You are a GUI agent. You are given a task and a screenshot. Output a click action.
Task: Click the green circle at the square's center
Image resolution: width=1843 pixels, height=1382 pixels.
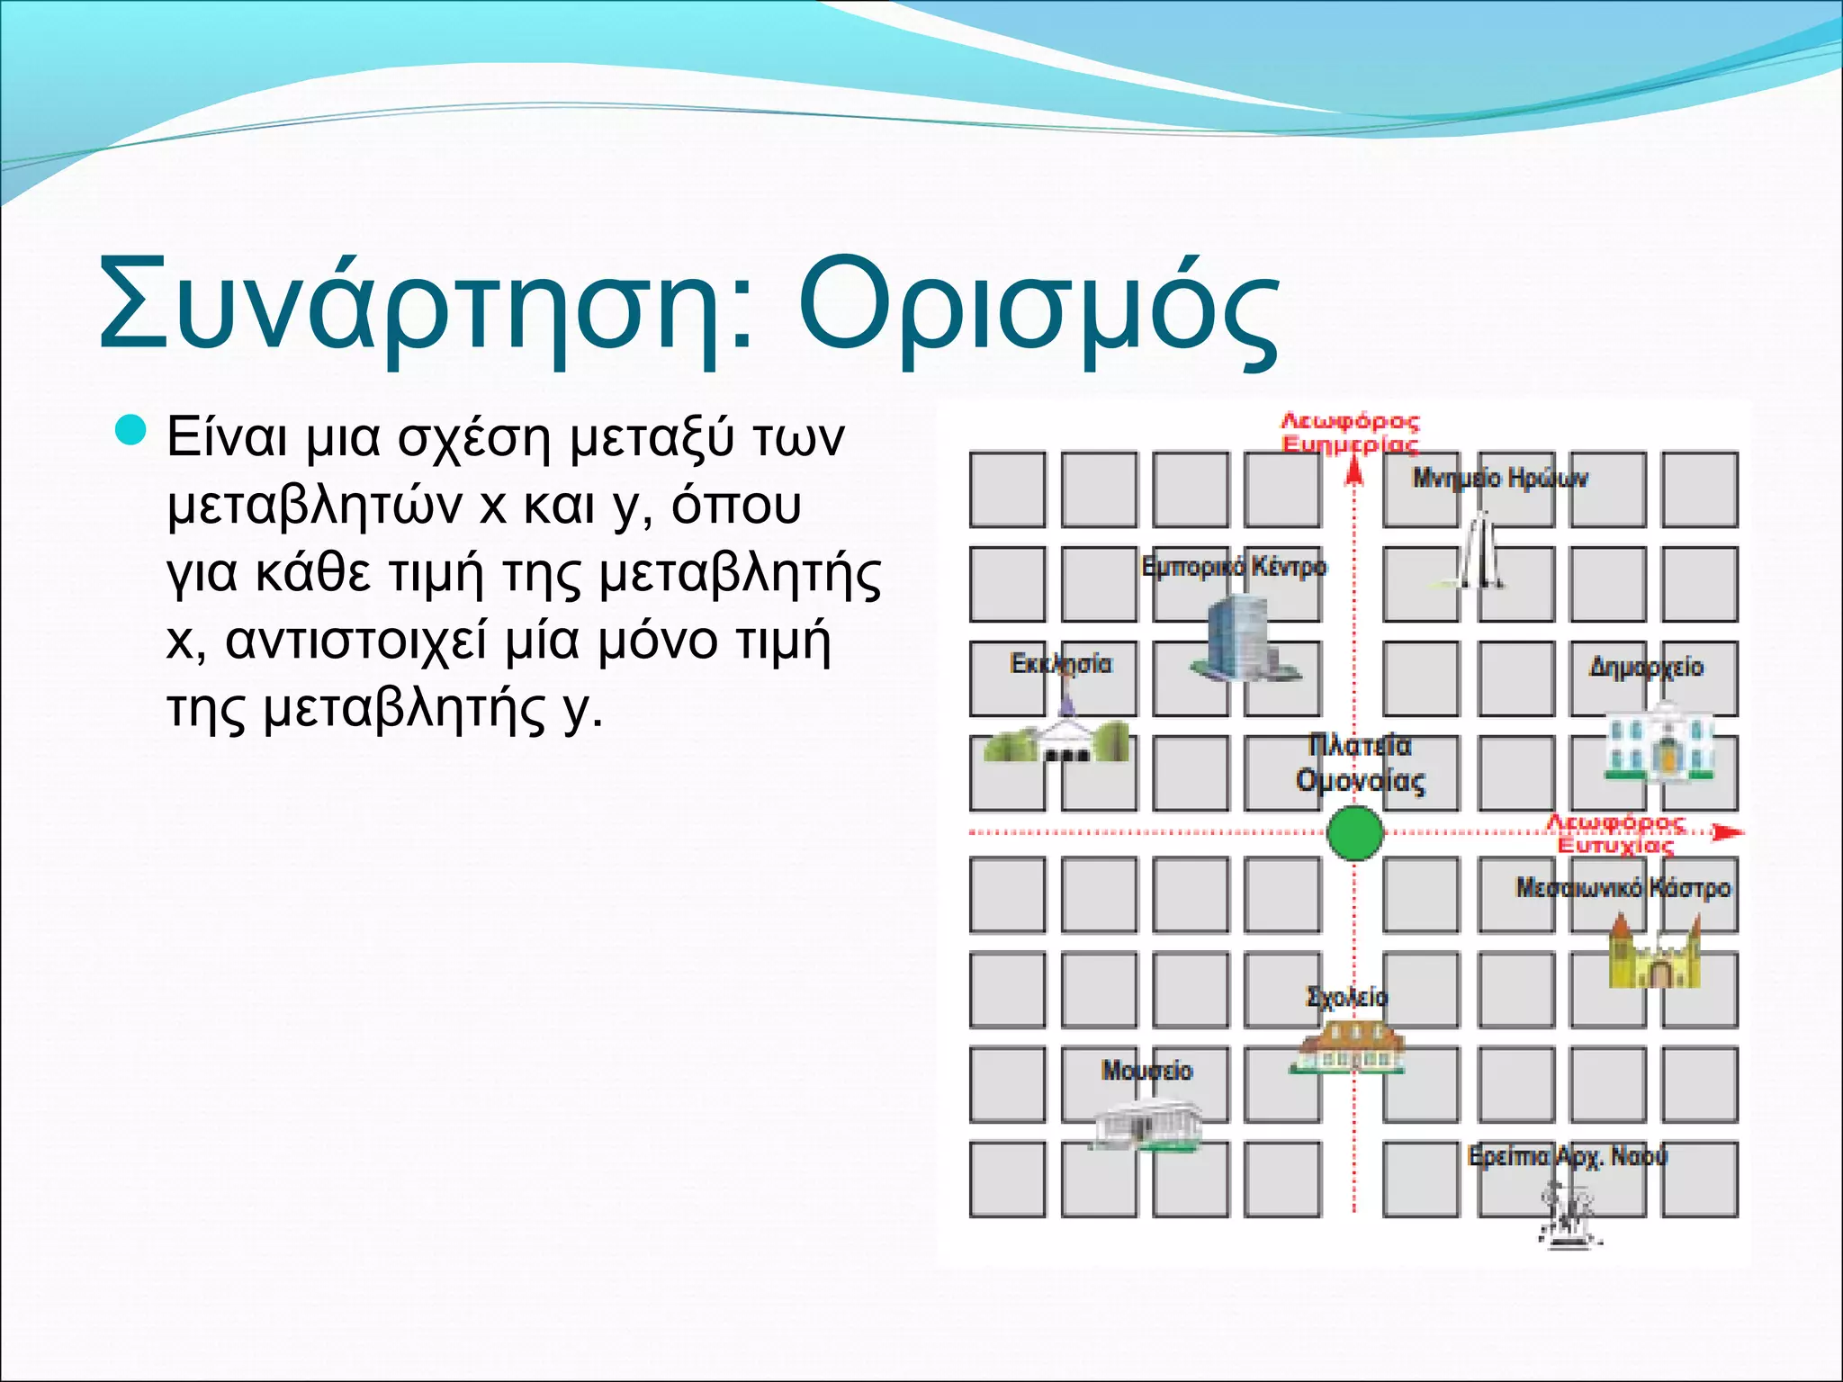(x=1355, y=833)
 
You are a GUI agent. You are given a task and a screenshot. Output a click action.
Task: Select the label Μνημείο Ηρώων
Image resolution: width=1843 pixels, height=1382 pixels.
(x=1500, y=478)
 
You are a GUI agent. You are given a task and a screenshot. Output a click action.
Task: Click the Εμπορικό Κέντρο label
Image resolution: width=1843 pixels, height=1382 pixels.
(x=1234, y=567)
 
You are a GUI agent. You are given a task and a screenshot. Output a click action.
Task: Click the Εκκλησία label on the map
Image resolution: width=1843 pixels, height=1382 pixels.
(x=1061, y=664)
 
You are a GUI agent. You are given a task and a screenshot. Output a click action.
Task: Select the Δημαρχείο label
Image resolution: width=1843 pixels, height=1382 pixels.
(x=1646, y=667)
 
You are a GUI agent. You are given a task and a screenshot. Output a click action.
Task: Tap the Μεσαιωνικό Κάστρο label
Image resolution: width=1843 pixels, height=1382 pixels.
(x=1623, y=888)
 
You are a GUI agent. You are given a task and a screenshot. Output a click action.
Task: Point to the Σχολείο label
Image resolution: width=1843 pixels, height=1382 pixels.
(x=1347, y=997)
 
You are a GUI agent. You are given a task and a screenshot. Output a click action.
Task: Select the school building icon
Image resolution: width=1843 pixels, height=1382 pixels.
(x=1346, y=1047)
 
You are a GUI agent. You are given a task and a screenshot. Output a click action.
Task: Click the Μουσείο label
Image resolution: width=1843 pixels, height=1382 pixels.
(x=1146, y=1071)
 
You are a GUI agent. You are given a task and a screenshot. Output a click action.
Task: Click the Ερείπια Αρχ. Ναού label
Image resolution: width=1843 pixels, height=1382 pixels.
(x=1568, y=1156)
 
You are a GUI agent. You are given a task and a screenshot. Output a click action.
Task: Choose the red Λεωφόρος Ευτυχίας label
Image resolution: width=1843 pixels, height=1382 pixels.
(x=1616, y=834)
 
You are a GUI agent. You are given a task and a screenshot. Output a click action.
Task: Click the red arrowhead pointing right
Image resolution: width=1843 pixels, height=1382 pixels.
(x=1726, y=833)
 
